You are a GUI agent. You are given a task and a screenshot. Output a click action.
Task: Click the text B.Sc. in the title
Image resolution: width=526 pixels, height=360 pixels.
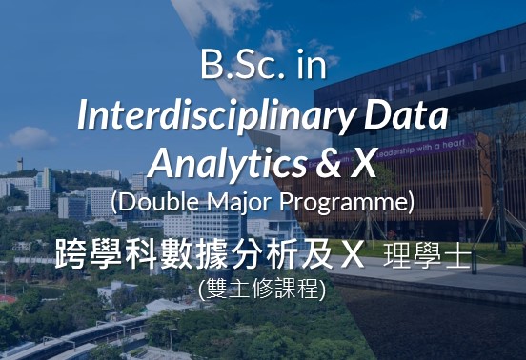coord(244,65)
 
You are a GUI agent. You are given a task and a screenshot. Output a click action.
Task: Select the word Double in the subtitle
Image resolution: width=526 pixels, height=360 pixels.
coord(157,202)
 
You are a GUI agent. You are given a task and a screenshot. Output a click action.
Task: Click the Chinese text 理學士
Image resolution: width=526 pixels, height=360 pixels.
coord(427,256)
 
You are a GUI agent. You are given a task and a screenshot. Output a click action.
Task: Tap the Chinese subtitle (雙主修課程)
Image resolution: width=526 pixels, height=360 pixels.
coord(262,289)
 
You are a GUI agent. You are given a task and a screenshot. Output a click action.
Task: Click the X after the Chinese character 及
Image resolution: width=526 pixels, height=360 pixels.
coord(353,256)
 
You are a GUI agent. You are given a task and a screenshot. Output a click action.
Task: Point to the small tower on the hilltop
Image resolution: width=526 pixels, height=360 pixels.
coord(20,164)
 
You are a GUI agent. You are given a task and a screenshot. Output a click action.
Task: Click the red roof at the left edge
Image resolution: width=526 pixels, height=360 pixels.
coord(7,299)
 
